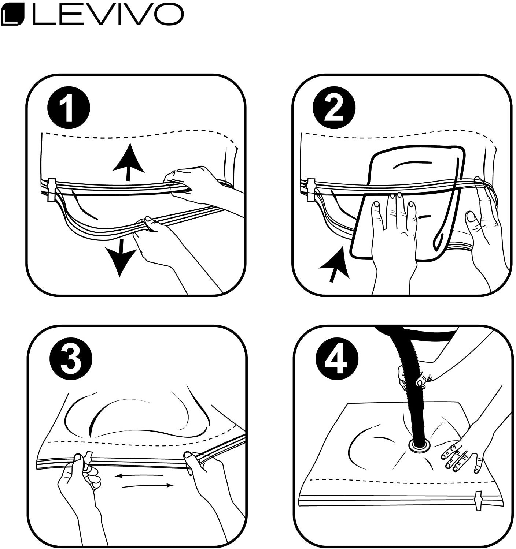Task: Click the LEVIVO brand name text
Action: point(108,14)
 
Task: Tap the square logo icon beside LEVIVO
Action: point(13,14)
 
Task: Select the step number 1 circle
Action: point(69,108)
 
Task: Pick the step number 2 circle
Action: point(334,108)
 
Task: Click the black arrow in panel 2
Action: point(334,265)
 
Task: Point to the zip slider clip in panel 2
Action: point(311,190)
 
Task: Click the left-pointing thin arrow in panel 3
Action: point(139,475)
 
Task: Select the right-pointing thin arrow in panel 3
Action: point(148,485)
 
